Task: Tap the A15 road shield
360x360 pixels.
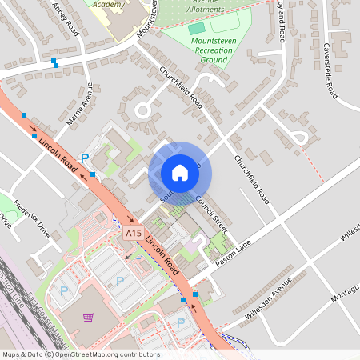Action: coord(134,233)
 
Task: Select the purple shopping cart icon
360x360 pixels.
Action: coord(88,318)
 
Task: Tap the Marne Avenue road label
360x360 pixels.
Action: coord(81,106)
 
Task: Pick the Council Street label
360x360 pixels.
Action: coord(211,214)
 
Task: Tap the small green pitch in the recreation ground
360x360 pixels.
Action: coord(197,29)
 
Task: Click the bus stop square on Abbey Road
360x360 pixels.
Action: coord(54,62)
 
